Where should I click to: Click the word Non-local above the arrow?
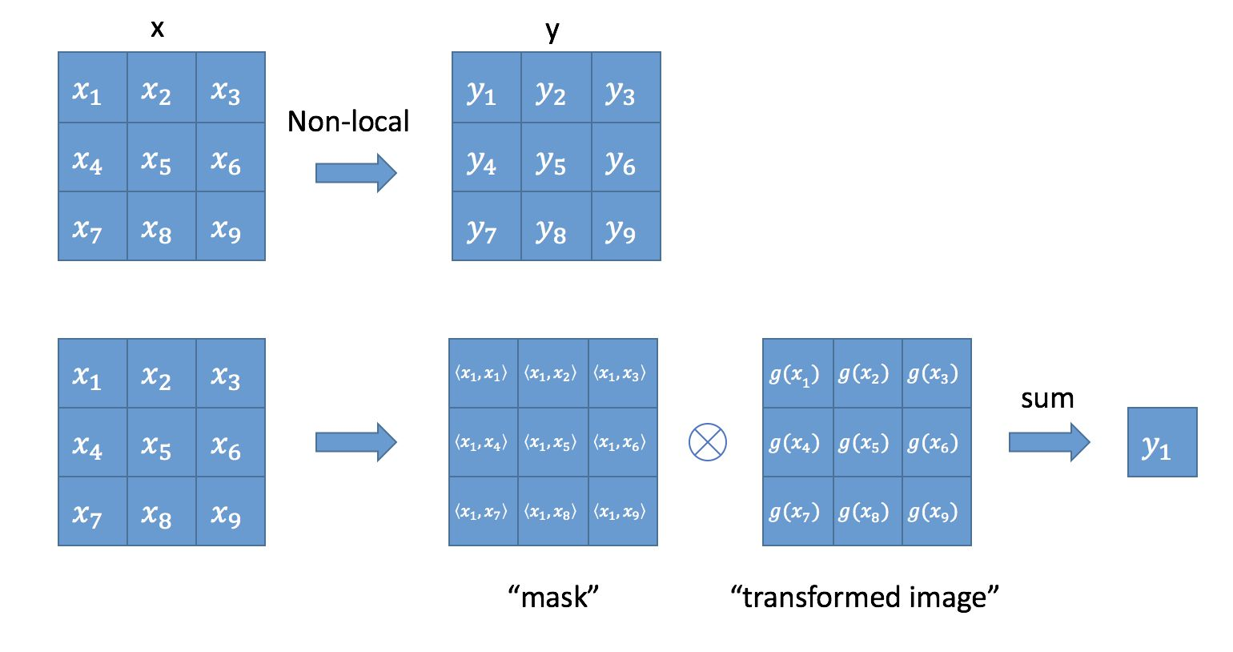[348, 122]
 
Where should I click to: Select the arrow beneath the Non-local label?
[355, 173]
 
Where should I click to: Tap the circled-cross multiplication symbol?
[708, 442]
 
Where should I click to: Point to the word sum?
[1046, 399]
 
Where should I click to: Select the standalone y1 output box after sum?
[1162, 443]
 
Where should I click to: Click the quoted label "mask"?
[553, 597]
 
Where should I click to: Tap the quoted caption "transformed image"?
[865, 597]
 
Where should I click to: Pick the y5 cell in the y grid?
[556, 157]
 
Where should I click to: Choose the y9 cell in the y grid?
[625, 226]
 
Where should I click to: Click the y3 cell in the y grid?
[625, 88]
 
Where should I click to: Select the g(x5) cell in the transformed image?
[867, 443]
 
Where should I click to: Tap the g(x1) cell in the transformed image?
[797, 374]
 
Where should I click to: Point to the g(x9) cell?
[936, 512]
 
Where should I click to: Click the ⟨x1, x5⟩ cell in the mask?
[552, 443]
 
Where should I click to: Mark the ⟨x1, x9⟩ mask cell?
[622, 512]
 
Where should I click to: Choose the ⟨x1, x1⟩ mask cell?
[483, 374]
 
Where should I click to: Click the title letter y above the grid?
[552, 30]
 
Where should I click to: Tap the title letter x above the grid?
[158, 29]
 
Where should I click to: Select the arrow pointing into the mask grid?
[355, 442]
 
